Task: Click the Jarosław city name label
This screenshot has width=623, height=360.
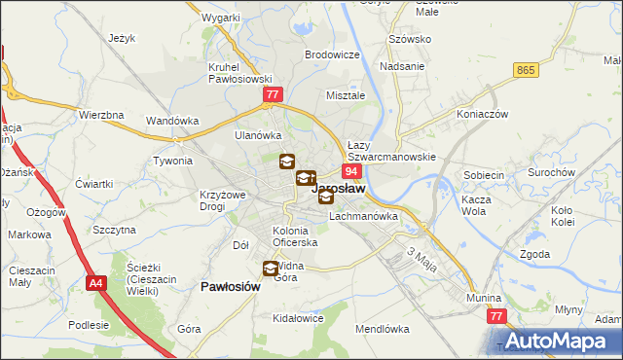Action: click(339, 190)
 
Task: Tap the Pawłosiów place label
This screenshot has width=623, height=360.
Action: click(230, 287)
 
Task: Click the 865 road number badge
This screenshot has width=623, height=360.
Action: click(527, 70)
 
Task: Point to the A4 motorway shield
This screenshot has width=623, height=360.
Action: click(95, 284)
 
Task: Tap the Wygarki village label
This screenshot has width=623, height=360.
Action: click(221, 18)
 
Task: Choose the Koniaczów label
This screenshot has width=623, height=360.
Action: click(483, 113)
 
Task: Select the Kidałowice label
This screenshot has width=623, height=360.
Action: click(299, 318)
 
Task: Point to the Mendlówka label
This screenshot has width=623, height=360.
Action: click(383, 329)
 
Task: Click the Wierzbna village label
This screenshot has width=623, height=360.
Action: click(101, 115)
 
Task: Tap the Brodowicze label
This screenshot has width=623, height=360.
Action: click(332, 55)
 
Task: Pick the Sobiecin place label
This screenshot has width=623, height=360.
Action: click(484, 175)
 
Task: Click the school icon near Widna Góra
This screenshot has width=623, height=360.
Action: click(270, 269)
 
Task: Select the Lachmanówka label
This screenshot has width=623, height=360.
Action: click(364, 216)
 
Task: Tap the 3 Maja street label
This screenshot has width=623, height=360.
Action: click(420, 258)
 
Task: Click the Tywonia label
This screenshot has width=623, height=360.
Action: click(173, 161)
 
